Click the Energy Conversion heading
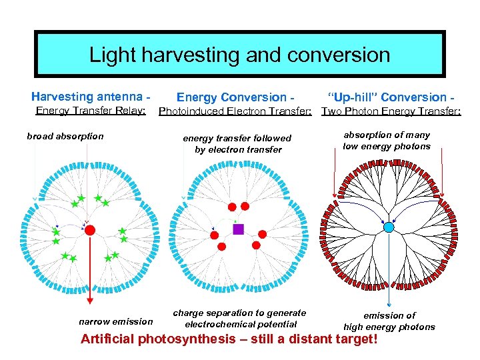pos(235,97)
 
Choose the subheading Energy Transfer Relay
pos(90,111)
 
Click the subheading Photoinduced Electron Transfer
pos(235,111)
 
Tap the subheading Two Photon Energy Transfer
pos(391,111)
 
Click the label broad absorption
pos(65,136)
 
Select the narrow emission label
pos(115,321)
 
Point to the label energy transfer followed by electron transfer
pos(237,144)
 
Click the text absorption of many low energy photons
pos(387,141)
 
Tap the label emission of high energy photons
pos(389,321)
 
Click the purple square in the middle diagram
pos(239,229)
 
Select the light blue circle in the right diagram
pos(389,227)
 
